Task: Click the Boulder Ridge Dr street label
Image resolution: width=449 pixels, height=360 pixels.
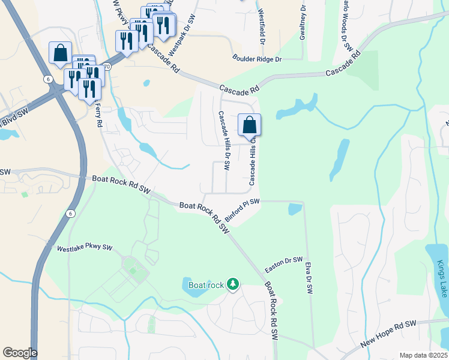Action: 257,59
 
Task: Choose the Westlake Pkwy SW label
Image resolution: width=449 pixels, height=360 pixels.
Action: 85,247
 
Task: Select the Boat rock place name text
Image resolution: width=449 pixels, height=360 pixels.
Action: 206,284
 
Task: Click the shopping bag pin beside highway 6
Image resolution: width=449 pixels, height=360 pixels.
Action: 61,53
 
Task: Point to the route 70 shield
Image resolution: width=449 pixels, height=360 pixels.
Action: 107,67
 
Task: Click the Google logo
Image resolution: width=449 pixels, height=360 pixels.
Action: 20,353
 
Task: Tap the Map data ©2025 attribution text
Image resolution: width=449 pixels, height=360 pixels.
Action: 423,355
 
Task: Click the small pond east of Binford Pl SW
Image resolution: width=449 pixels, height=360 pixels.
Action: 295,209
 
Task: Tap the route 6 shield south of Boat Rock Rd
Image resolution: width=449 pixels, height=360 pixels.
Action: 70,214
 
